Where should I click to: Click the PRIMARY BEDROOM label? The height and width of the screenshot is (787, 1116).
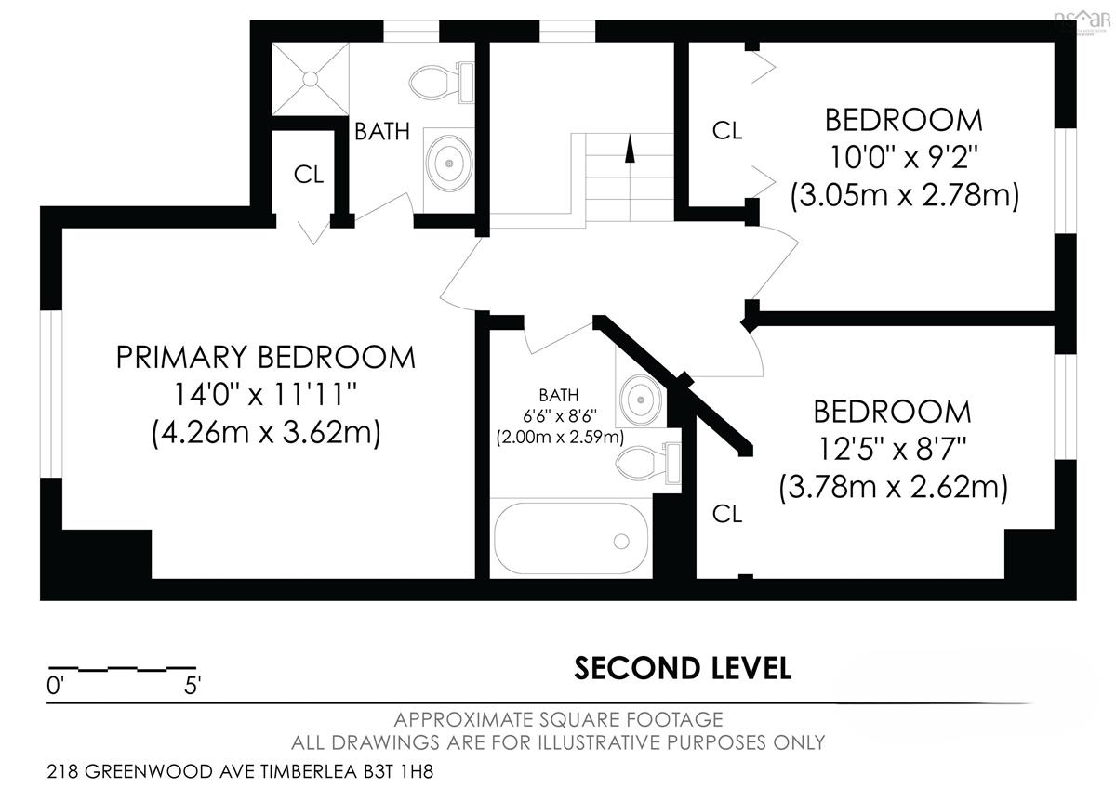coord(266,357)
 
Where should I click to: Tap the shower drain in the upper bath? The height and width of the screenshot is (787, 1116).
coord(311,79)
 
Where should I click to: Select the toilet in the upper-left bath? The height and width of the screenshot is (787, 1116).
coord(442,83)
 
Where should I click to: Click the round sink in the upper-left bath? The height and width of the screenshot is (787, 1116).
coord(449,164)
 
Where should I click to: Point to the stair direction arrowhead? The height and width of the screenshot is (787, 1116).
coord(631,148)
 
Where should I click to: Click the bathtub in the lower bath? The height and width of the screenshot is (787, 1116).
coord(571,538)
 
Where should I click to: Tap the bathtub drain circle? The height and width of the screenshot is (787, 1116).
coord(621,542)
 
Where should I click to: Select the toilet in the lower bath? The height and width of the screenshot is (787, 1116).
coord(648,463)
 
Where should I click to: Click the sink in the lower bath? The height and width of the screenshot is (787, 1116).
coord(640,400)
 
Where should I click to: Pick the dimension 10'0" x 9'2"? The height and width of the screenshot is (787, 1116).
coord(904,157)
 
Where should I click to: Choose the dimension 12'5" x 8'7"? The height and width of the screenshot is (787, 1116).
coord(892,449)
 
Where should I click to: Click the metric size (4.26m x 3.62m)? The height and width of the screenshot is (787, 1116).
coord(266,432)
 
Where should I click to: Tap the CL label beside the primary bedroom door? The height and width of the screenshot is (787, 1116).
coord(309,175)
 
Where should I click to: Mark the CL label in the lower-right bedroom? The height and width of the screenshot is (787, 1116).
coord(727,514)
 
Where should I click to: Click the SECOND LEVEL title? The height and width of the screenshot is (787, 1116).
coord(683,668)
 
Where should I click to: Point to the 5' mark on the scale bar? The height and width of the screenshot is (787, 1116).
coord(193,686)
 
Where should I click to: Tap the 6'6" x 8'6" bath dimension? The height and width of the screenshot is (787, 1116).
coord(560,415)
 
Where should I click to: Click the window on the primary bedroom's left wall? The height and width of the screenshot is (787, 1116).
coord(51,394)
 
